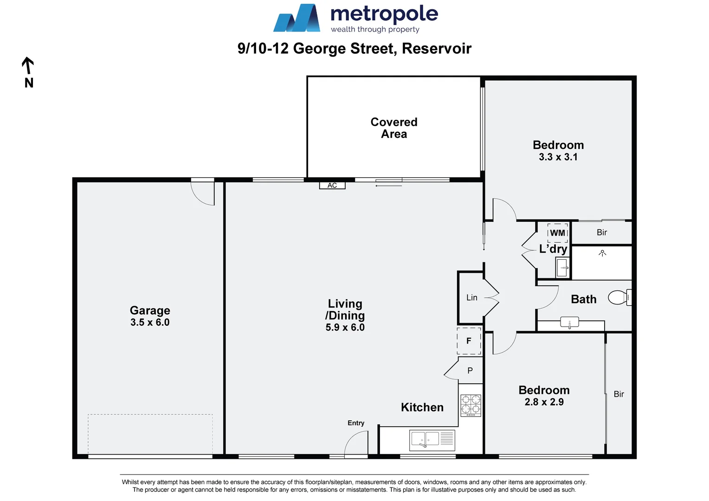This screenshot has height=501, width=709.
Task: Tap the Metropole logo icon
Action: coord(297,19)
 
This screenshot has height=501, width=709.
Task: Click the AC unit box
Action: coord(332,186)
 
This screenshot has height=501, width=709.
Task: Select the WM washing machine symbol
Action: coord(558,233)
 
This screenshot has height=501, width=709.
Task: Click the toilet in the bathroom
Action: coord(619,297)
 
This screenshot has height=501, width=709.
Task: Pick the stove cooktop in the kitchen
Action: coord(471,405)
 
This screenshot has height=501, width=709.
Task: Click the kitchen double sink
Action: coord(425,439)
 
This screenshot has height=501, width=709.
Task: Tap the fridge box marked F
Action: coord(469,341)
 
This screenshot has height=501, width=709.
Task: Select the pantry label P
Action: coord(470,371)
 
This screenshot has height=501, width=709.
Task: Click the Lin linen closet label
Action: coord(471,298)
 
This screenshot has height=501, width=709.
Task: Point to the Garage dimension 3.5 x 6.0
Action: coord(150,322)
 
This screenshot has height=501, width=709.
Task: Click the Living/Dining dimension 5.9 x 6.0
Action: coord(345,328)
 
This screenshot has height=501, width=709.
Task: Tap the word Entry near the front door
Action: coord(356,423)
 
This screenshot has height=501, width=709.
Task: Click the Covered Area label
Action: coord(394,128)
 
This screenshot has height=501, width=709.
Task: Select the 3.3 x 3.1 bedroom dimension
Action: coord(558,157)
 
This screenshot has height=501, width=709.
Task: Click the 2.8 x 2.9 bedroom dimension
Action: coord(544,402)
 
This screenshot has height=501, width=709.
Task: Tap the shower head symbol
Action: coord(602,253)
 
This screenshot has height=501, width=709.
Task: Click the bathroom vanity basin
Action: coord(569,322)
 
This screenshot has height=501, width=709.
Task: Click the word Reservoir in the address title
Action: coord(437,49)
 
